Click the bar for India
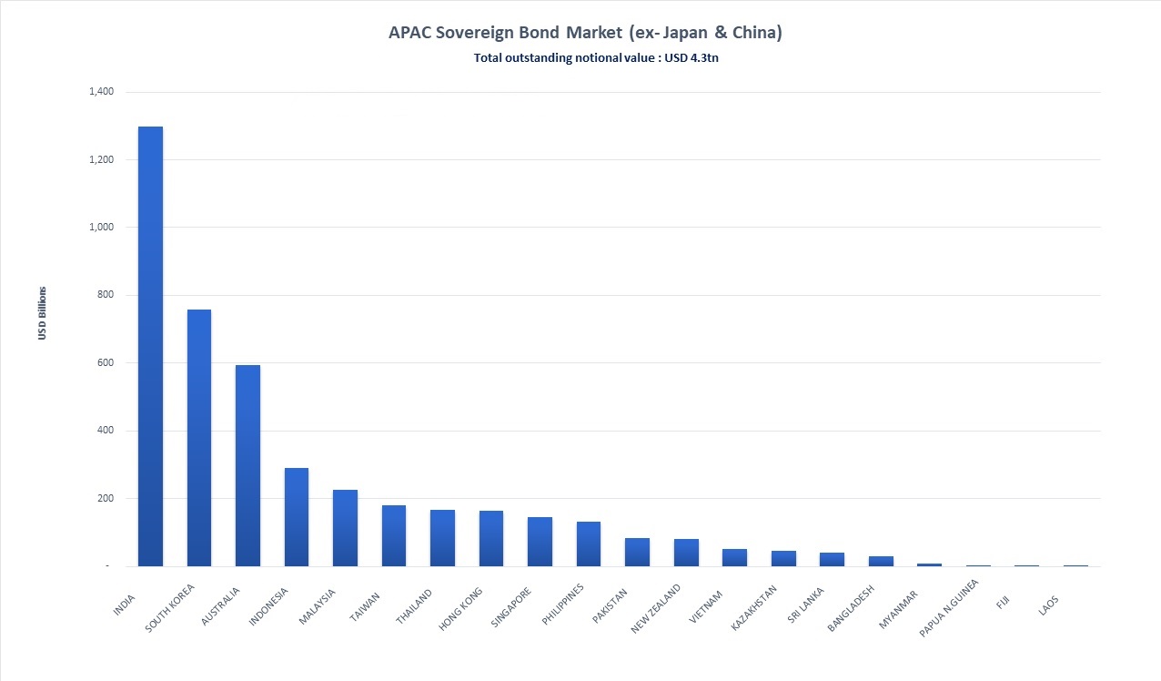pos(150,346)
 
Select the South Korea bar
pos(198,438)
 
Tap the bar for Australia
pos(247,465)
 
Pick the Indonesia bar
pos(297,517)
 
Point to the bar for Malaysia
pos(345,528)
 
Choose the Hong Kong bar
pos(491,538)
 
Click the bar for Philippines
pos(589,544)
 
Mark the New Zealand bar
pos(686,553)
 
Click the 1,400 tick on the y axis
pos(101,92)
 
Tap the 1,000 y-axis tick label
pos(101,228)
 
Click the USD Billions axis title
pos(42,314)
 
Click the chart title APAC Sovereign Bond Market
pos(586,33)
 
